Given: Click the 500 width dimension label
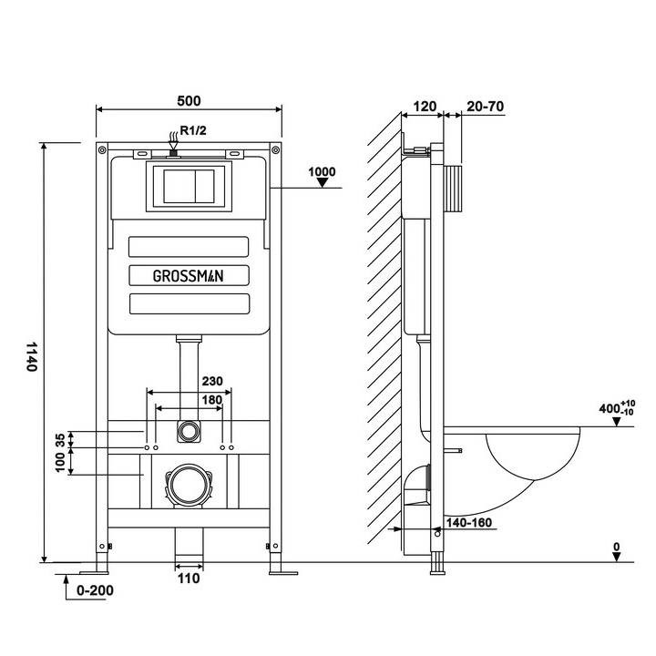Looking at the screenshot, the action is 189,101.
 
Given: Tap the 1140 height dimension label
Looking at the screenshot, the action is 32,356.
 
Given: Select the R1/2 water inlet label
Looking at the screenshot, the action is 193,130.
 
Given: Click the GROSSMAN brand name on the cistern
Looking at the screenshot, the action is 189,276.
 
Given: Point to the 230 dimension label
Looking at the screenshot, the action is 212,381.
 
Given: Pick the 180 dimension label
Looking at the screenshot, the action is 212,400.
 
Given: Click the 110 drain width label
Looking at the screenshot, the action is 189,579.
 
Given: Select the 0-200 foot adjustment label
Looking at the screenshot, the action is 95,590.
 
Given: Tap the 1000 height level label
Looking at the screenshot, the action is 322,172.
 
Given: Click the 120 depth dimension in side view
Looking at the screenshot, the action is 425,107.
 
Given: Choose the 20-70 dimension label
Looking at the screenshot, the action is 486,107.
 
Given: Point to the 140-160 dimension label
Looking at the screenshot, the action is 469,523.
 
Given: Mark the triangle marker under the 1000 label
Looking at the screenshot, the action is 323,182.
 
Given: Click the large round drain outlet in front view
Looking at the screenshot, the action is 190,486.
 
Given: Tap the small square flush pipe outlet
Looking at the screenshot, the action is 189,431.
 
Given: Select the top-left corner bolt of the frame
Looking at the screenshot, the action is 102,149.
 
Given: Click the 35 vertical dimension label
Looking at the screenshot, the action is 60,440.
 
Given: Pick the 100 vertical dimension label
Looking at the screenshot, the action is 60,462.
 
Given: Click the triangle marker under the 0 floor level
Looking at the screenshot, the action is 617,557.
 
